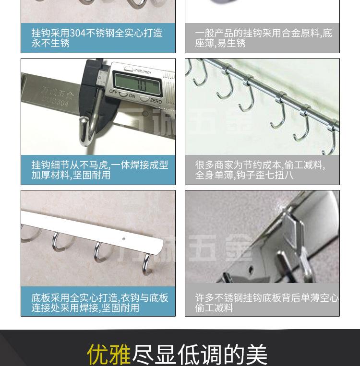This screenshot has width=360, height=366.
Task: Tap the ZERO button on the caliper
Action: [156, 100]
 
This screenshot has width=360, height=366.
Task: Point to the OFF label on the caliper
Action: [113, 91]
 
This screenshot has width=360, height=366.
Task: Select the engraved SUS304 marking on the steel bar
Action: [55, 102]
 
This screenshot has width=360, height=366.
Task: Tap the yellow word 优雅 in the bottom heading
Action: [108, 354]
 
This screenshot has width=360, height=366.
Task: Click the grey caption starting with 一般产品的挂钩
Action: [263, 38]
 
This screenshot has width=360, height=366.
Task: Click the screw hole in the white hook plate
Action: [124, 238]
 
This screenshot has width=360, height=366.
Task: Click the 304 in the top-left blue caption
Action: [77, 33]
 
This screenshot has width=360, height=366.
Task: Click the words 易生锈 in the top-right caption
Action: [231, 43]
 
